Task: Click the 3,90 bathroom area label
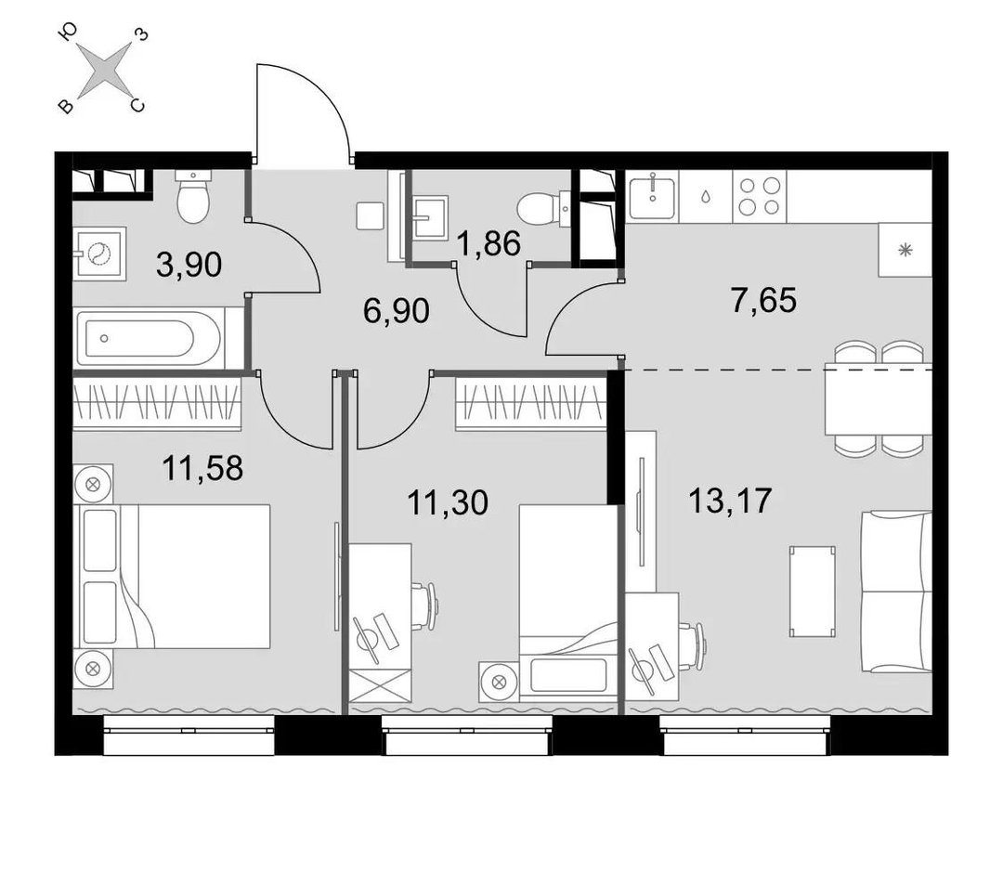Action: click(189, 265)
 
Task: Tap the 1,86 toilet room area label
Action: click(489, 243)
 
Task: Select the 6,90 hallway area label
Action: click(396, 312)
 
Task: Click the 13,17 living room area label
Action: click(730, 501)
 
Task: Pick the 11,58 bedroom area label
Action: click(202, 468)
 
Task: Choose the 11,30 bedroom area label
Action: click(447, 502)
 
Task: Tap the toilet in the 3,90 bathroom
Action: click(193, 196)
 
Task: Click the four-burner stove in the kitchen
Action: click(760, 196)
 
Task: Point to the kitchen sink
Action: click(652, 196)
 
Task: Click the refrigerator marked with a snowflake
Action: click(905, 250)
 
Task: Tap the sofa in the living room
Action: click(896, 592)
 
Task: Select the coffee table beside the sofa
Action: click(813, 592)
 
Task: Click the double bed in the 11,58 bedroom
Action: click(172, 576)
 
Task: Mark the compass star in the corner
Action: click(104, 70)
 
